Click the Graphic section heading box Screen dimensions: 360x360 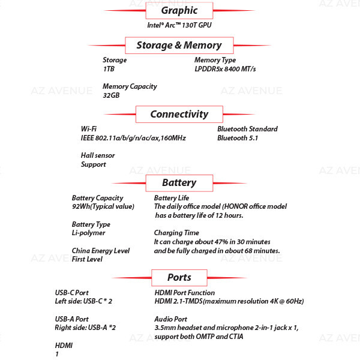pos(179,11)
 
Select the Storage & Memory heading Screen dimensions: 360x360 pos(179,45)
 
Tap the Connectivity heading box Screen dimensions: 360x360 pos(179,114)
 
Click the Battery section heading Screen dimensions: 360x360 pos(179,183)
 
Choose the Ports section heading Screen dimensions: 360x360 pos(179,278)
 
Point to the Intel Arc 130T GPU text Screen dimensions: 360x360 pos(179,25)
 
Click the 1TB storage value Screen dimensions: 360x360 pos(109,69)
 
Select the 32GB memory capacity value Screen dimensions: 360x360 pos(111,95)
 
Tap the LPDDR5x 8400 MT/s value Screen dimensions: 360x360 pos(225,69)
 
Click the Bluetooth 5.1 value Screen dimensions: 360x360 pos(238,138)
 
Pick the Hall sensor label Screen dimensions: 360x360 pos(98,155)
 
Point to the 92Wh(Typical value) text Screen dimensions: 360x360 pos(103,206)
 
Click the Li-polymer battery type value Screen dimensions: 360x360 pos(88,233)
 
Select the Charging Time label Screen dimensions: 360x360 pos(176,233)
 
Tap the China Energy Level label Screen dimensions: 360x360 pos(101,250)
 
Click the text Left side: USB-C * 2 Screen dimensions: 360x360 pos(83,301)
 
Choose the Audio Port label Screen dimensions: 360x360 pos(170,319)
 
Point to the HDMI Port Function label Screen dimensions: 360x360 pos(185,293)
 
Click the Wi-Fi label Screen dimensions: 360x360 pos(89,129)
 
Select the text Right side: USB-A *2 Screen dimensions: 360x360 pos(85,328)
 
